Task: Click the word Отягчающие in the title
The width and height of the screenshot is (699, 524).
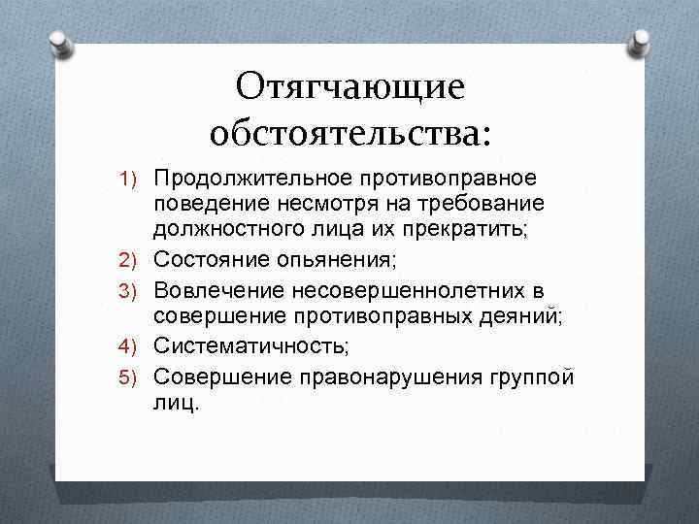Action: pos(349,88)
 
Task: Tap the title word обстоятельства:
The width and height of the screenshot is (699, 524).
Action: pos(350,134)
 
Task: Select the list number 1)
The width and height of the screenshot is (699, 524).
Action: pos(132,180)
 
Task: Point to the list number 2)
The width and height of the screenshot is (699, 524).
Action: pos(132,258)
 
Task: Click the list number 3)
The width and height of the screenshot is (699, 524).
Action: pos(132,291)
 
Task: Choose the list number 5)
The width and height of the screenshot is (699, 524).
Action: pos(132,377)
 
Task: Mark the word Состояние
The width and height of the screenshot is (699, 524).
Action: pos(206,258)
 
